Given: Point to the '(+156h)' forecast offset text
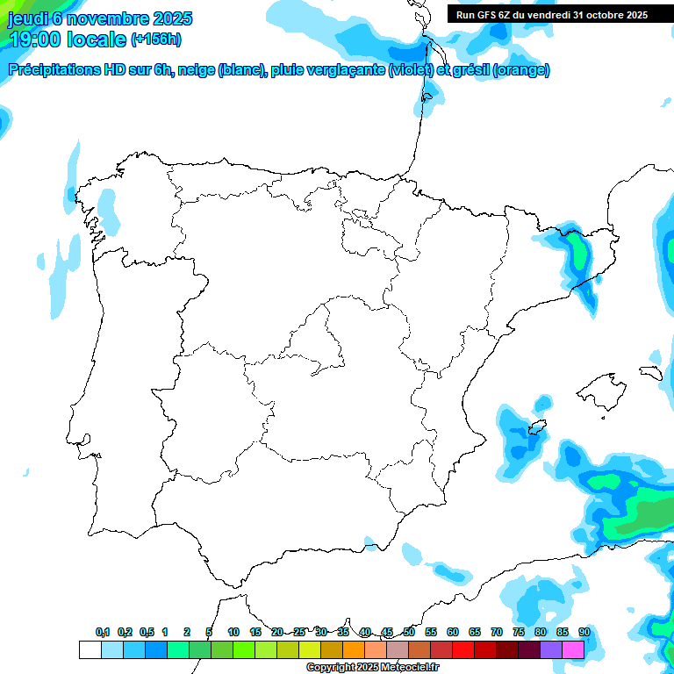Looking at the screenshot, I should (x=156, y=39).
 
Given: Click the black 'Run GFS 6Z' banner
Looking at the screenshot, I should (x=551, y=14).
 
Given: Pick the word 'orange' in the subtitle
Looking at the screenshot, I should (x=520, y=70).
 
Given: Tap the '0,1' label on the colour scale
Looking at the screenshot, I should (x=103, y=632).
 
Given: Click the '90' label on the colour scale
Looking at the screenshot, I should (x=584, y=632).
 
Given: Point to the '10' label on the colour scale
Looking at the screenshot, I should (x=233, y=632).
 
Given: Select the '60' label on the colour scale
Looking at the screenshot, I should (x=452, y=632).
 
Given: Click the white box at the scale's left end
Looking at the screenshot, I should (x=90, y=649).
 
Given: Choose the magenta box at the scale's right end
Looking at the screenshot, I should (x=573, y=649).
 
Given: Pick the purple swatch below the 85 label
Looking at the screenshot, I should (x=551, y=649).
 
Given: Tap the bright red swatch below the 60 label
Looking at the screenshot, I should (x=462, y=649).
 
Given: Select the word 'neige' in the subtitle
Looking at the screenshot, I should (x=197, y=70).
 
